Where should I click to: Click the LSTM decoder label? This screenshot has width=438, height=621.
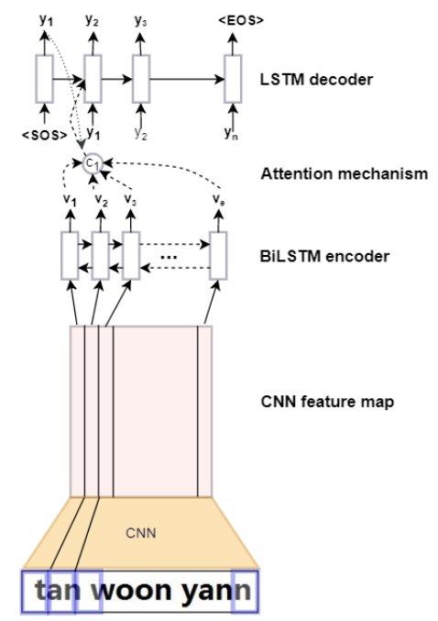(316, 80)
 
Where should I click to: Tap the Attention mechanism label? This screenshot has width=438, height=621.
(345, 174)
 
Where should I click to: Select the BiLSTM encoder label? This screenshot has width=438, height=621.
(324, 256)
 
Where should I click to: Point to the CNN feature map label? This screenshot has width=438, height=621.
(327, 402)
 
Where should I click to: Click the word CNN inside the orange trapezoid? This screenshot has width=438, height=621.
(141, 533)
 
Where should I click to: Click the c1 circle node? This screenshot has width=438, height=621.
(93, 163)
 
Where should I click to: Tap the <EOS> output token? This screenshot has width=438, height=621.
(241, 20)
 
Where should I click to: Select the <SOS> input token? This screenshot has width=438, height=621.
(45, 135)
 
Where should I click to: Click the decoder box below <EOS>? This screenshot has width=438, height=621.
(233, 79)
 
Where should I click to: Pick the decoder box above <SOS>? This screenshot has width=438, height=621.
(44, 79)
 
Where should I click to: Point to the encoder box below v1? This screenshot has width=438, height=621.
(70, 256)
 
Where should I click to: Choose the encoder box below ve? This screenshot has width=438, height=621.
(218, 256)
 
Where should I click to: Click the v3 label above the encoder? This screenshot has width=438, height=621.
(130, 199)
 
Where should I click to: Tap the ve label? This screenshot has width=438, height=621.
(218, 199)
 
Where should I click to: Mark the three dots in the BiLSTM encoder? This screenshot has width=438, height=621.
(169, 257)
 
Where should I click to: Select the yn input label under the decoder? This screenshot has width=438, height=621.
(232, 133)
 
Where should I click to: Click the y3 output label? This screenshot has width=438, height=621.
(140, 20)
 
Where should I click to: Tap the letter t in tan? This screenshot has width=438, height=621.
(40, 590)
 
